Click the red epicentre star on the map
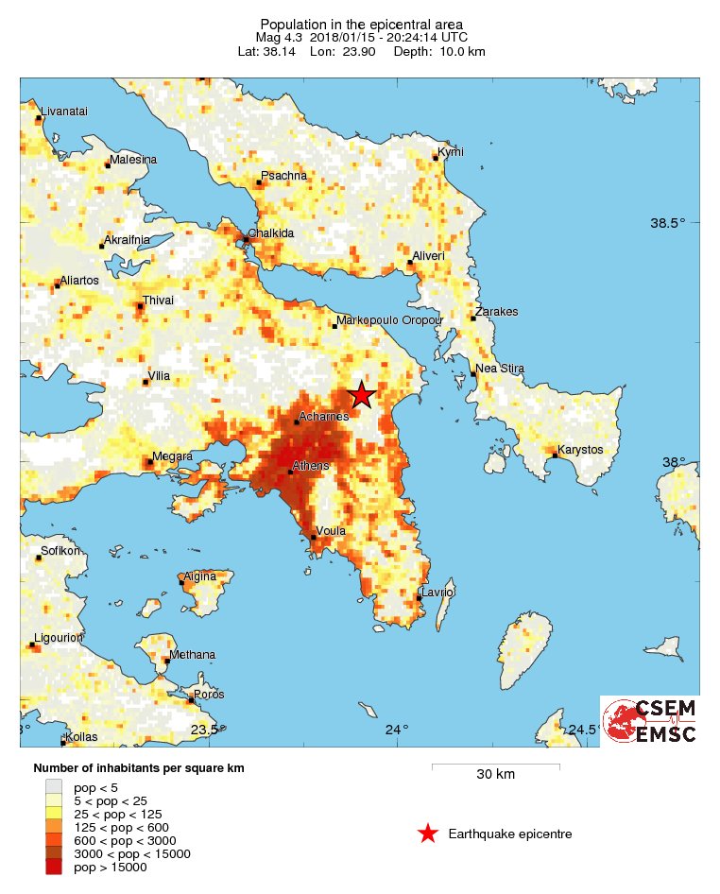point(361,396)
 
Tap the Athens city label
point(311,466)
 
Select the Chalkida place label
point(271,232)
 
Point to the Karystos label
point(580,449)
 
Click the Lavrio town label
point(437,592)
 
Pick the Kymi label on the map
point(451,152)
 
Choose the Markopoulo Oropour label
point(390,321)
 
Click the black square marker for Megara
point(147,462)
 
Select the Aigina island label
point(199,576)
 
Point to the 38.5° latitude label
point(668,224)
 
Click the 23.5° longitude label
point(205,729)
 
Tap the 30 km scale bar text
point(495,775)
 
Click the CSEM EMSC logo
point(650,721)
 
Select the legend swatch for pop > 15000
point(54,867)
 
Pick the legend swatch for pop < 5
point(54,786)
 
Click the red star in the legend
point(428,834)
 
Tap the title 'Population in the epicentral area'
point(362,23)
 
